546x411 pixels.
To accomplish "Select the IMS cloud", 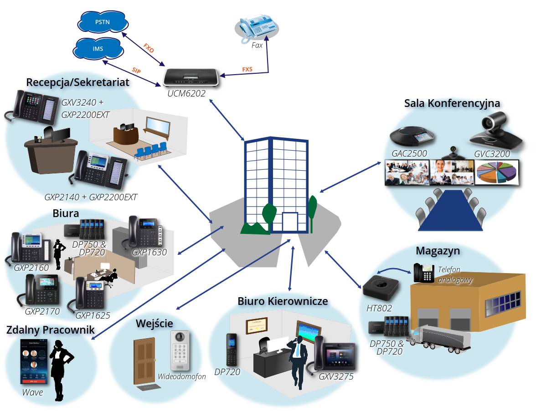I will coord(98,49).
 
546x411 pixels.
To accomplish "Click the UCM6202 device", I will coord(191,77).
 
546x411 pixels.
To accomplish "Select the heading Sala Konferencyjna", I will coord(452,103).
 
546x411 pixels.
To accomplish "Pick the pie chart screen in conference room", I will coord(496,173).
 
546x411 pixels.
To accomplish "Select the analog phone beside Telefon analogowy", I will coord(423,273).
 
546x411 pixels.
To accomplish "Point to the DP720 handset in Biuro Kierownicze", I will coord(232,350).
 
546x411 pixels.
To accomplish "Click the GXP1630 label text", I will coord(149,252).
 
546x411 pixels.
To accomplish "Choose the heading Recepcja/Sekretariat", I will coord(78,82).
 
